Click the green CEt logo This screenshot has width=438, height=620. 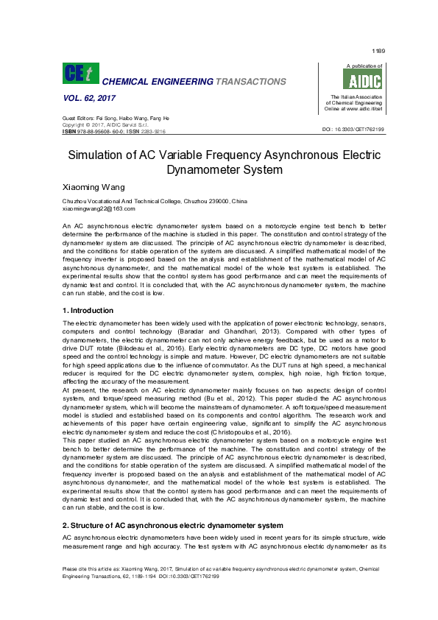[80, 73]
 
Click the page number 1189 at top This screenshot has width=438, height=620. [378, 51]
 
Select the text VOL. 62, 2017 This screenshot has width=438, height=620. [89, 97]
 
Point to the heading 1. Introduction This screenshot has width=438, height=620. [88, 311]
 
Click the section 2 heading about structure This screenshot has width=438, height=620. [172, 526]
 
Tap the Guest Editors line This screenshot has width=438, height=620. [116, 118]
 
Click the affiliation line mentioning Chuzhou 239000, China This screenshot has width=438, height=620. [155, 201]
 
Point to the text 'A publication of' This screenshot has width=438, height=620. [363, 66]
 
